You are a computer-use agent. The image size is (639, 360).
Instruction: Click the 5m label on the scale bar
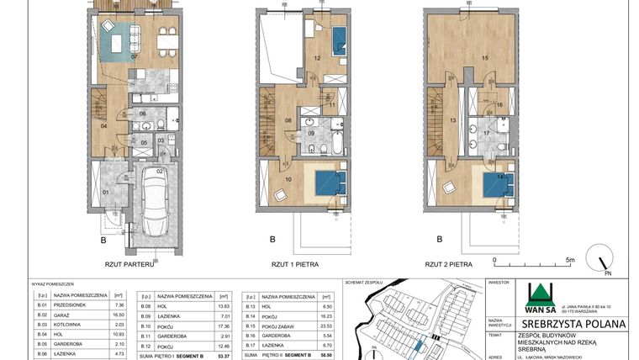570,260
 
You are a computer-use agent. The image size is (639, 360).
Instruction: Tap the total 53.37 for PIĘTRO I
224,355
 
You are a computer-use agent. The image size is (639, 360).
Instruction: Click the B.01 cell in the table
40,304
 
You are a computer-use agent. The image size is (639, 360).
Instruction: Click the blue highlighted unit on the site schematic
418,344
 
